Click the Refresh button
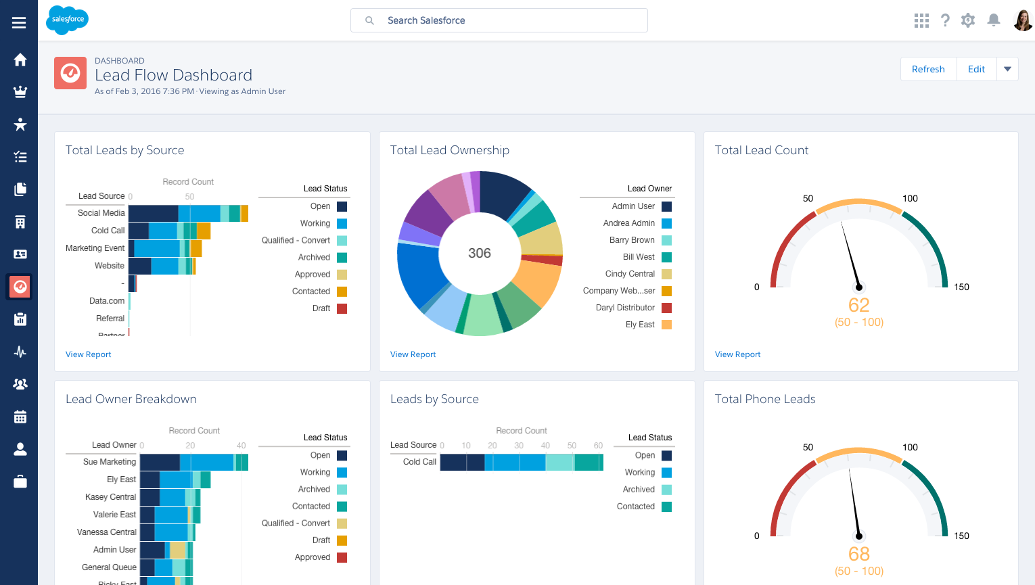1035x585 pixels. pos(928,69)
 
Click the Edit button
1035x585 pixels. pos(976,69)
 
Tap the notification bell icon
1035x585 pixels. pos(993,20)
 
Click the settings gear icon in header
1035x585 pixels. pos(968,20)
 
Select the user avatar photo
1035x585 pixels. pos(1022,20)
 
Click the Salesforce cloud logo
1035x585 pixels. pos(68,20)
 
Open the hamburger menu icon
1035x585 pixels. pos(19,23)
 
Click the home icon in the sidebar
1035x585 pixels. pos(20,60)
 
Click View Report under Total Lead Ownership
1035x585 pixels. pos(413,354)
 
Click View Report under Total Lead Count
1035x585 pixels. pos(737,354)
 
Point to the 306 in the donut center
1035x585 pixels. pos(480,253)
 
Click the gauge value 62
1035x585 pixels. pos(858,305)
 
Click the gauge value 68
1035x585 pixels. pos(858,554)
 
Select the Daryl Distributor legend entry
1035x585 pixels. pos(625,308)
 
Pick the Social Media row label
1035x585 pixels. pos(101,213)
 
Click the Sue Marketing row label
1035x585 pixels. pos(109,462)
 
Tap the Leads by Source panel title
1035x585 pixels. pos(434,399)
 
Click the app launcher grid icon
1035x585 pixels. pos(921,20)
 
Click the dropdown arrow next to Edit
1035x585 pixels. pos(1007,69)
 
